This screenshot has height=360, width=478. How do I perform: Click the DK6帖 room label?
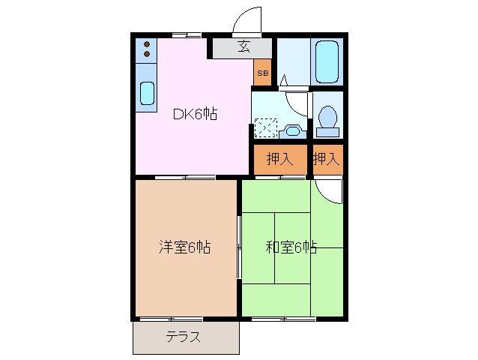[196, 115]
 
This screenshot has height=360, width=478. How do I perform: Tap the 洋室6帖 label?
[184, 247]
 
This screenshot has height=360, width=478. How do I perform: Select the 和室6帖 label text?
[291, 247]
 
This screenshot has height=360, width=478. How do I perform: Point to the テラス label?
[183, 337]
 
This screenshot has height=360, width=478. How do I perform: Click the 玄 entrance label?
[243, 46]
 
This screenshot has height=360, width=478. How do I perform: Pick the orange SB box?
[262, 73]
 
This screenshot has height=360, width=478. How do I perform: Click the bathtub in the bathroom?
[327, 61]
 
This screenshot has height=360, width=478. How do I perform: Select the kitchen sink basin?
[147, 93]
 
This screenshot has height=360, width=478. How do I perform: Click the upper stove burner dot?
[147, 44]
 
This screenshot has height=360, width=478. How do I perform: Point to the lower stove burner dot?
[147, 54]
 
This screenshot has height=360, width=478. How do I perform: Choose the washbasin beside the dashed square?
[294, 130]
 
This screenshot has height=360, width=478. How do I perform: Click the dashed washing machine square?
[265, 129]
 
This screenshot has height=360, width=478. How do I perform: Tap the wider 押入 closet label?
[279, 159]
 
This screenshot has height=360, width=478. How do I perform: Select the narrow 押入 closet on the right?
[327, 159]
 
